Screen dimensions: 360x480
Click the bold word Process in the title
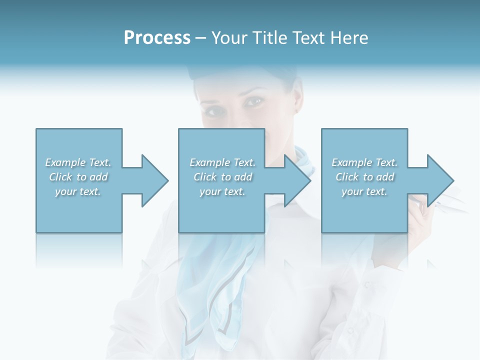(x=157, y=38)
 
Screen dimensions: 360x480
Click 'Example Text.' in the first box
(x=78, y=162)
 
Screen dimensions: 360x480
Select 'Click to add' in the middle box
(x=222, y=177)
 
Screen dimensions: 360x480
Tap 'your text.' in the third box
(x=364, y=191)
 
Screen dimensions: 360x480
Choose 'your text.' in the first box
(x=78, y=191)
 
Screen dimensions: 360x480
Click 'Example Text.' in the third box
(x=364, y=162)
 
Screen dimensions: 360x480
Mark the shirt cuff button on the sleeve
(x=366, y=283)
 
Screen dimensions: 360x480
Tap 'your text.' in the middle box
(x=222, y=191)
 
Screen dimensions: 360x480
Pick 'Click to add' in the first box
(x=78, y=177)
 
